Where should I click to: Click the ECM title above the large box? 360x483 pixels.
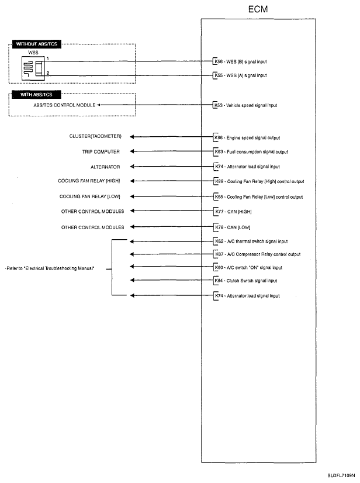click(x=258, y=9)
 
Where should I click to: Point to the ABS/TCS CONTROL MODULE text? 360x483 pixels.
click(x=64, y=105)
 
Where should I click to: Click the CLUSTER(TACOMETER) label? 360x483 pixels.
click(x=95, y=137)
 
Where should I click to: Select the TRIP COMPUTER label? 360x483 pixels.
click(x=101, y=151)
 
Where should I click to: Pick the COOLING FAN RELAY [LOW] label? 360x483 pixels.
click(x=89, y=196)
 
